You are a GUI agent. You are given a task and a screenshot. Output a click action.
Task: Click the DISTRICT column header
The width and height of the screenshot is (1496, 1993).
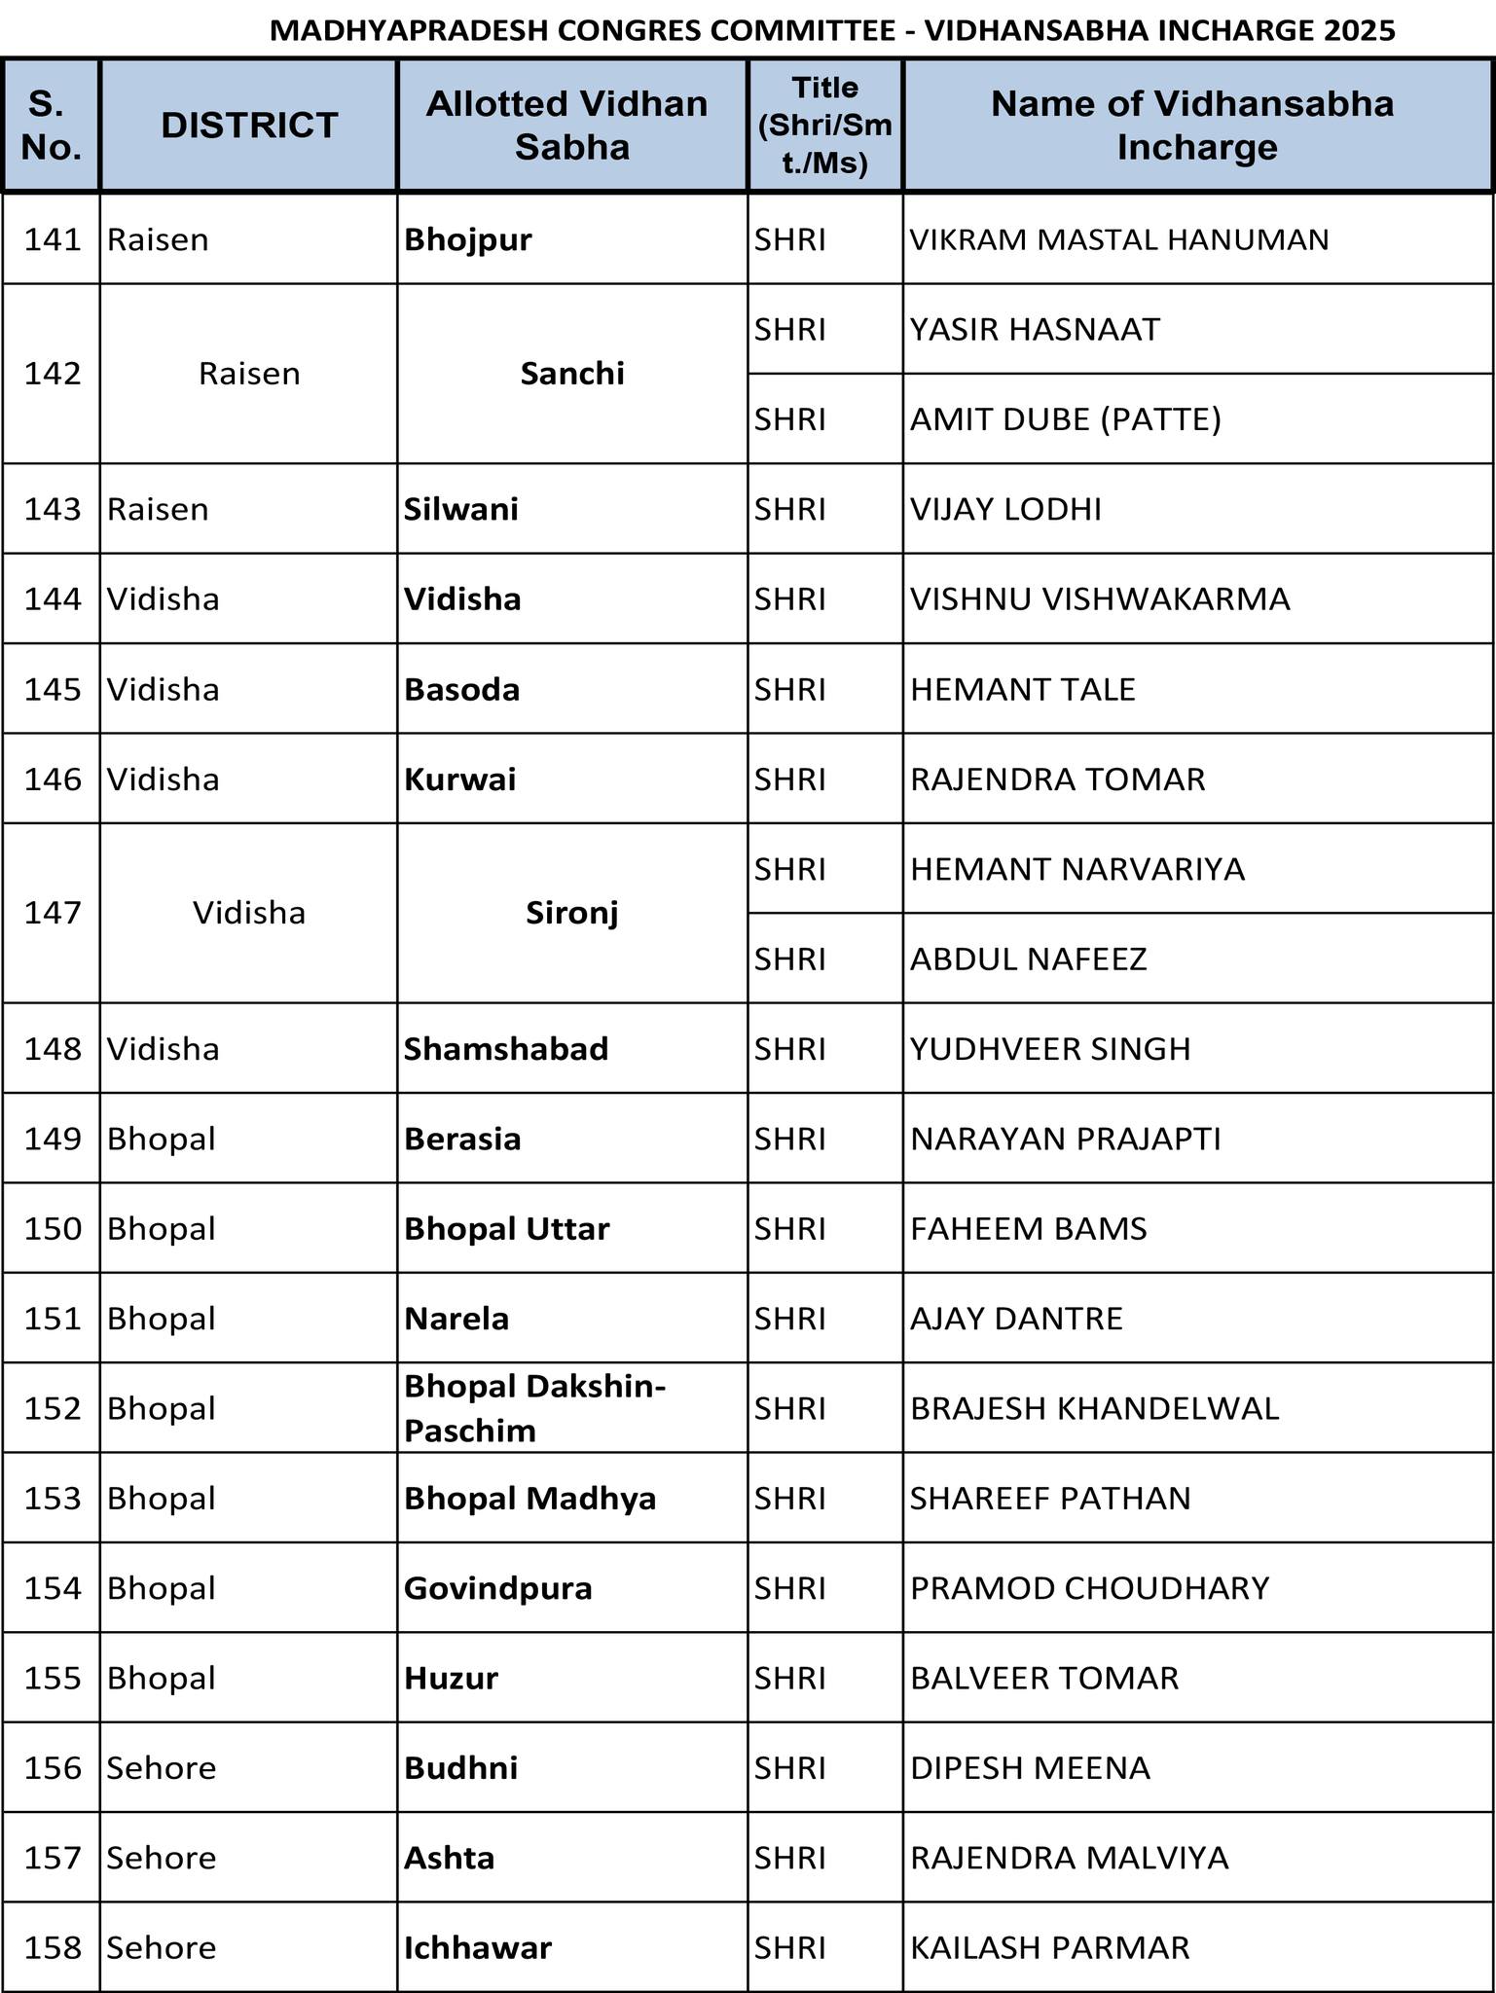249,126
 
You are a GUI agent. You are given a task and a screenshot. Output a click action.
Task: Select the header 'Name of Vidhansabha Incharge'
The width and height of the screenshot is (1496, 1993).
1196,126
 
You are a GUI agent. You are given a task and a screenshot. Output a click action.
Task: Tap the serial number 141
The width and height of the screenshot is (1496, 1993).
53,239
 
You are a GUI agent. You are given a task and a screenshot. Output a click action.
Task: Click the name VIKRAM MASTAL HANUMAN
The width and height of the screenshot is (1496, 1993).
1119,239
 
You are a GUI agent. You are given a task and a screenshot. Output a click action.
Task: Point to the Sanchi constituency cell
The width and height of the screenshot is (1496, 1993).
572,374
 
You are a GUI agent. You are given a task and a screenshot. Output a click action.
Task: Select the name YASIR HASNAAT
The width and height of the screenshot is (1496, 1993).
1035,330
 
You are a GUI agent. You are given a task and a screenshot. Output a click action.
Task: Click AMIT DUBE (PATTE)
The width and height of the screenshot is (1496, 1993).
1065,419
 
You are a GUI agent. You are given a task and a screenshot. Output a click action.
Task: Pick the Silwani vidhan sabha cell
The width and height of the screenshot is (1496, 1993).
461,509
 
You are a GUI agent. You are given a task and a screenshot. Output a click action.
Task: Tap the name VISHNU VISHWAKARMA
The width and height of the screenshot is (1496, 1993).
1100,598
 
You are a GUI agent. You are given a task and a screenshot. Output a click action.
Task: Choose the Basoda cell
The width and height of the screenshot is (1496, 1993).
462,689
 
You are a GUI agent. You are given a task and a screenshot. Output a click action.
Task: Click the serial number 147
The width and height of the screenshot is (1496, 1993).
53,913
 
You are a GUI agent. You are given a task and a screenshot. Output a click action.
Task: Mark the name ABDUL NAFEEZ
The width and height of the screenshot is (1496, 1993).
1029,959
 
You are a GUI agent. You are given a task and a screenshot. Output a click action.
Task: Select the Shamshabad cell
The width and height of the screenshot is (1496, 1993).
506,1048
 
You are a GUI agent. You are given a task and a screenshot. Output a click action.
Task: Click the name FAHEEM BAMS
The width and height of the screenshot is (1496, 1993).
1029,1228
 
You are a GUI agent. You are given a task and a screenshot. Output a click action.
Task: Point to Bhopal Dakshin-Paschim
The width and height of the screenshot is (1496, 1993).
534,1407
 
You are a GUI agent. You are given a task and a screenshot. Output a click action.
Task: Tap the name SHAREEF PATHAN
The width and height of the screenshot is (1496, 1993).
1050,1498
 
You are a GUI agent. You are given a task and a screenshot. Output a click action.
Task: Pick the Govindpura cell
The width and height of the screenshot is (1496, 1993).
498,1588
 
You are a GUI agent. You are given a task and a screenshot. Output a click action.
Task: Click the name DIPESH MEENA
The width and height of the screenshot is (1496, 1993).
1030,1767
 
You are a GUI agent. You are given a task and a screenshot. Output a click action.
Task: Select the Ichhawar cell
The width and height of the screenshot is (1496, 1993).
478,1947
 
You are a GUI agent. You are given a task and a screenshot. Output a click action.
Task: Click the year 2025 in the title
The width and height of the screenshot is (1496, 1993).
1359,30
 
